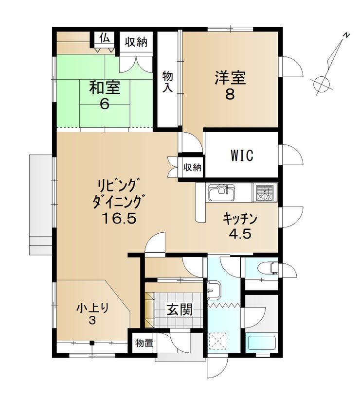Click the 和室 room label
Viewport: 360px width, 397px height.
click(x=105, y=87)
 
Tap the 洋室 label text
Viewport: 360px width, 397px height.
click(x=230, y=78)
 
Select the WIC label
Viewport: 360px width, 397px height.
click(x=242, y=155)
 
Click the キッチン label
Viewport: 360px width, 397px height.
click(x=240, y=219)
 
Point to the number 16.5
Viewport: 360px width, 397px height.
click(x=119, y=218)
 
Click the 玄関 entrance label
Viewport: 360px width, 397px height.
click(x=180, y=309)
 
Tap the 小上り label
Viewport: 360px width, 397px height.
click(x=93, y=308)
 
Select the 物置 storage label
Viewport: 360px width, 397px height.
click(x=144, y=343)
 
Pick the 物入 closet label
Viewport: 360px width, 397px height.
click(x=167, y=82)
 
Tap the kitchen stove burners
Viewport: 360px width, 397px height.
click(x=265, y=193)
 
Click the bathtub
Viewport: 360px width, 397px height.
click(x=261, y=343)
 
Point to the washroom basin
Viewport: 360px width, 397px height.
click(x=214, y=290)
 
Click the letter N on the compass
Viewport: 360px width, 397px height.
click(x=345, y=35)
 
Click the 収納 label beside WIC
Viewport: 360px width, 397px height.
click(x=193, y=167)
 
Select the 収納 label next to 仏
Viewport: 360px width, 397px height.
click(x=136, y=41)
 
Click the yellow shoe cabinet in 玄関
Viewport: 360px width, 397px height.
click(x=149, y=309)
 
